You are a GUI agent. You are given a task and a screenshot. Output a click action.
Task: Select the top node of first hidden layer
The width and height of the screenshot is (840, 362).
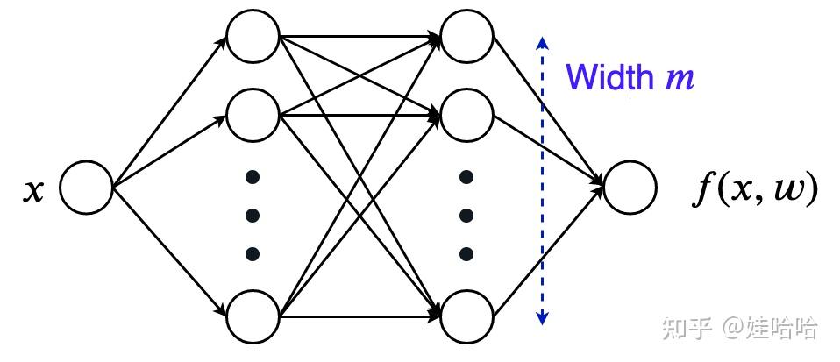click(x=253, y=37)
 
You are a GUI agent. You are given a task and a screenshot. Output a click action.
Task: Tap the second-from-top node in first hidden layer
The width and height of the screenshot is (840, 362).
click(x=253, y=113)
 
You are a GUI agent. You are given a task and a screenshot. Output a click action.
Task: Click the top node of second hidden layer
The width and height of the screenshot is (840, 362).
click(x=467, y=37)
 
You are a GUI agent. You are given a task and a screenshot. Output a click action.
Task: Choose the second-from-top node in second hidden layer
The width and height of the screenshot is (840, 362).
click(x=467, y=113)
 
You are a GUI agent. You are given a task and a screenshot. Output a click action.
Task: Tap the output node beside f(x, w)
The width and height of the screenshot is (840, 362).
click(x=630, y=188)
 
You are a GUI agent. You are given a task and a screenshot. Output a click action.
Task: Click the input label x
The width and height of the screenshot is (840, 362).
click(x=32, y=190)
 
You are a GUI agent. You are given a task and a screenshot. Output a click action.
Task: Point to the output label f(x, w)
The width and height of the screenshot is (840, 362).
click(x=754, y=189)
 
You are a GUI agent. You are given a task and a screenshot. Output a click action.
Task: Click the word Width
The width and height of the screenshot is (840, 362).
click(x=610, y=77)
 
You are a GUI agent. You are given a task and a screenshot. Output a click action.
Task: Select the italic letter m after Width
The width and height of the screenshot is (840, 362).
click(x=680, y=79)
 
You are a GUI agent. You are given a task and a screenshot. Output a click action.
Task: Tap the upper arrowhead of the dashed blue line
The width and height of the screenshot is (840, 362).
click(x=544, y=41)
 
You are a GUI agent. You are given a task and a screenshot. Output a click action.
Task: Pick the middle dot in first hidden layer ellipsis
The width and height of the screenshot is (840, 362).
click(x=253, y=216)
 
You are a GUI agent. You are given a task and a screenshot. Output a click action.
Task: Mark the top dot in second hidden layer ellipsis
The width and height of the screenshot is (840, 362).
click(x=467, y=177)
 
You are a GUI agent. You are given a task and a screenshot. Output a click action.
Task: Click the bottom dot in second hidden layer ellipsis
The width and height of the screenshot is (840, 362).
click(x=467, y=254)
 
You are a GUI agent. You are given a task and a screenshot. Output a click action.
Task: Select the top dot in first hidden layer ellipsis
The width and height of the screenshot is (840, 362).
click(x=253, y=177)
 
